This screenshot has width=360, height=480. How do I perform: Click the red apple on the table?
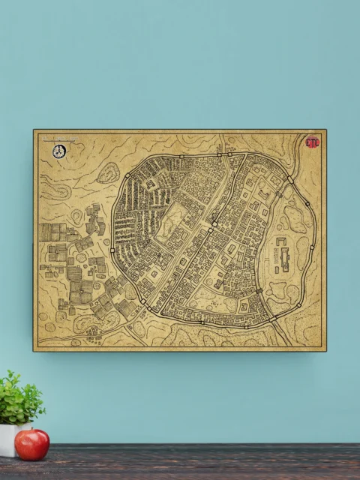tap(31, 444)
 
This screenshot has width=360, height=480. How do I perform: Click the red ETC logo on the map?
tap(312, 141)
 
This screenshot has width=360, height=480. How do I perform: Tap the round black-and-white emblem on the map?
tap(59, 151)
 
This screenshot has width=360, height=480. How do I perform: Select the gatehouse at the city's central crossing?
tap(214, 223)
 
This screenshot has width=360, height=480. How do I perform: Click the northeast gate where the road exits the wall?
tap(289, 179)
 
